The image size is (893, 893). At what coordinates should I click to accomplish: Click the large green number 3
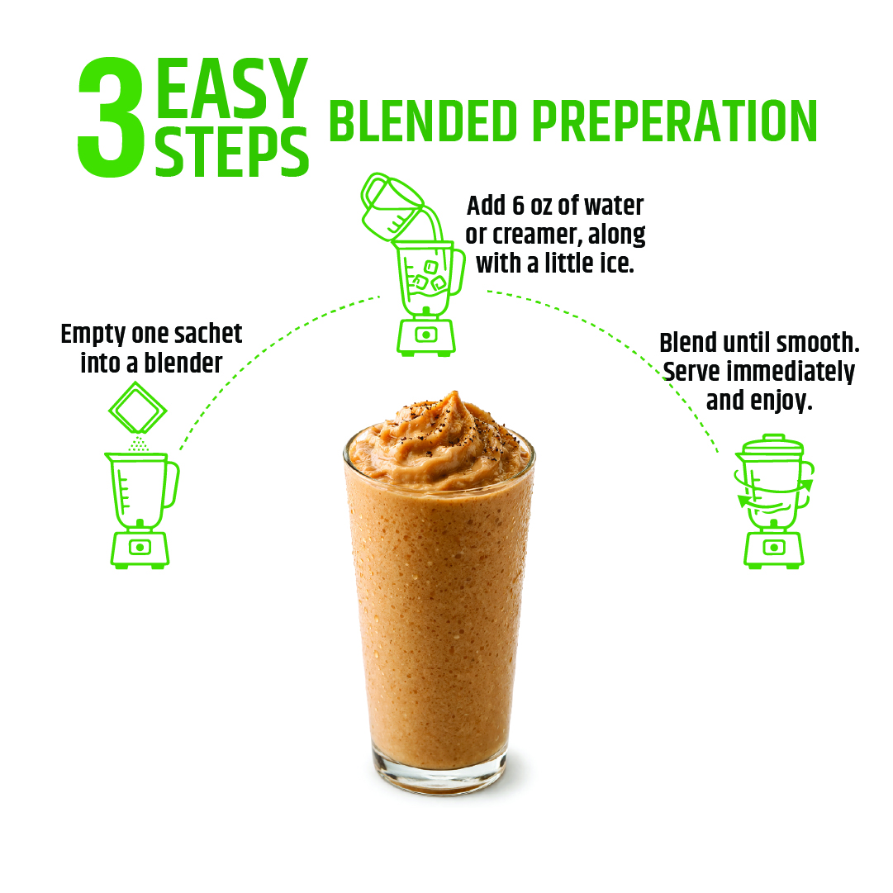pyautogui.click(x=112, y=116)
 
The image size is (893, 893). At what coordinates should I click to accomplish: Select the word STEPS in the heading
pyautogui.click(x=231, y=151)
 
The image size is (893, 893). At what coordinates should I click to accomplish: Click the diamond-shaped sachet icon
pyautogui.click(x=138, y=408)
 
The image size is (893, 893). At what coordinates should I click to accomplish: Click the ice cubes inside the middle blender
pyautogui.click(x=428, y=276)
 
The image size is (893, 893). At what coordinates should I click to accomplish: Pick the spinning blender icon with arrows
pyautogui.click(x=774, y=501)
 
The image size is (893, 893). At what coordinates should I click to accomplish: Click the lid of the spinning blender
pyautogui.click(x=774, y=443)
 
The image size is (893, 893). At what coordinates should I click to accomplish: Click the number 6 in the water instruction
pyautogui.click(x=518, y=206)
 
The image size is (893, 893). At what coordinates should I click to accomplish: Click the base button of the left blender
pyautogui.click(x=140, y=548)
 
